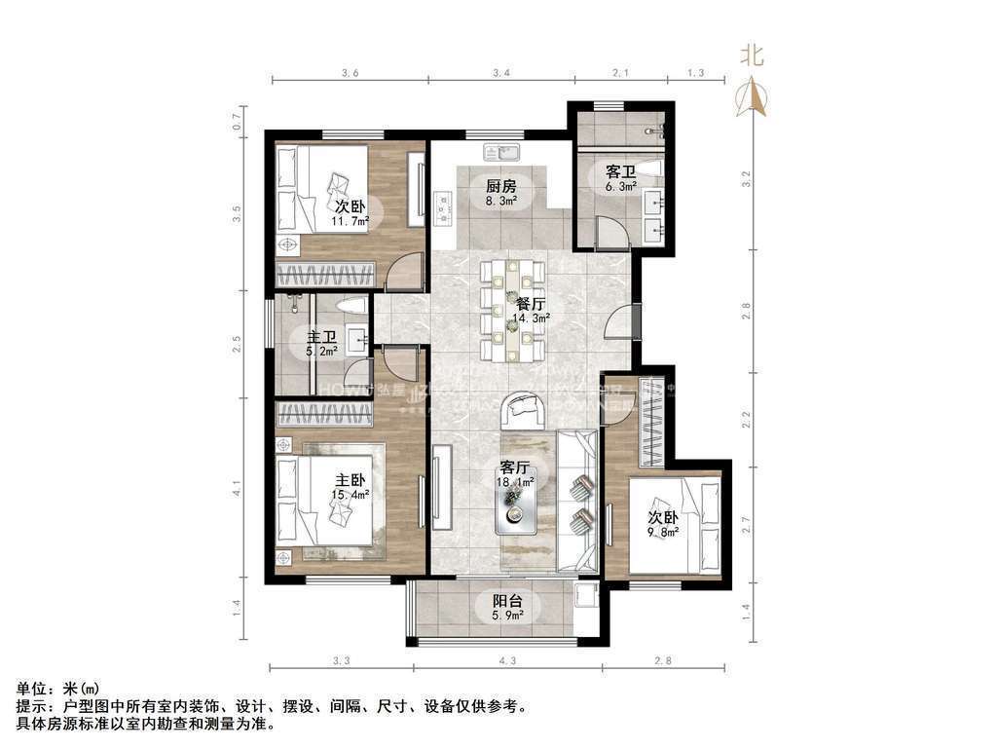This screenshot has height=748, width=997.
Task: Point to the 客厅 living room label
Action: pyautogui.click(x=515, y=467)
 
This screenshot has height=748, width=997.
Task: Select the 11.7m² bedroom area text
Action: pyautogui.click(x=351, y=222)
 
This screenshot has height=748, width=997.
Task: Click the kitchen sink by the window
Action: pyautogui.click(x=501, y=151)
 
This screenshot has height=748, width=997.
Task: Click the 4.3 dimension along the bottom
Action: pyautogui.click(x=507, y=663)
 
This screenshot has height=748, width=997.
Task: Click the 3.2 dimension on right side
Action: pyautogui.click(x=747, y=179)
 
